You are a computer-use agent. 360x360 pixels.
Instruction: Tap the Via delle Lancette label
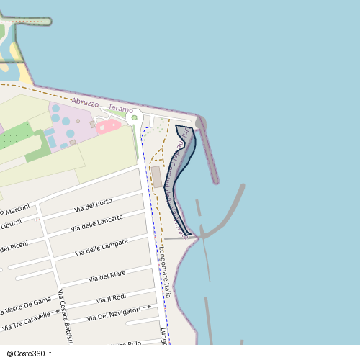point(96,223)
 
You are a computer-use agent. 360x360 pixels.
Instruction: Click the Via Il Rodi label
point(111,298)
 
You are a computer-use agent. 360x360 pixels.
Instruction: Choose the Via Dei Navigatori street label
point(114,312)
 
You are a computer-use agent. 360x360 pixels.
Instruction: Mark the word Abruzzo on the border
point(84,102)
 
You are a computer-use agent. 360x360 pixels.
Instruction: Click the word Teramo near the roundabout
point(120,109)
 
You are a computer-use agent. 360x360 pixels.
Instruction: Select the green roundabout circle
point(134,117)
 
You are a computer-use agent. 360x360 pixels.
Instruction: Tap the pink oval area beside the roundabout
point(108,126)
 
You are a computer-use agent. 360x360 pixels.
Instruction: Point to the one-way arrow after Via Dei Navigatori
point(148,307)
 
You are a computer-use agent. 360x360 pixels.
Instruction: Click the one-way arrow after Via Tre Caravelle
point(55,313)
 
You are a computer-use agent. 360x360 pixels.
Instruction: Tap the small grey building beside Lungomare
point(157,177)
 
